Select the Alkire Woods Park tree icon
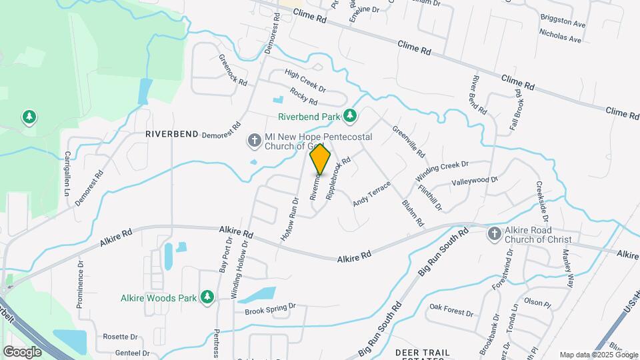tap(207, 297)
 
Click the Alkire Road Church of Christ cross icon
tap(494, 233)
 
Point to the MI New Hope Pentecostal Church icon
tap(253, 140)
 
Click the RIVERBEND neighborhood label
tap(172, 134)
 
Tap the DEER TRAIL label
tap(422, 351)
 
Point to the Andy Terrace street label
tap(371, 193)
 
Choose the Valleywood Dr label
tap(475, 181)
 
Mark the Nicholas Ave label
tap(560, 36)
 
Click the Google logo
tap(22, 351)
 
